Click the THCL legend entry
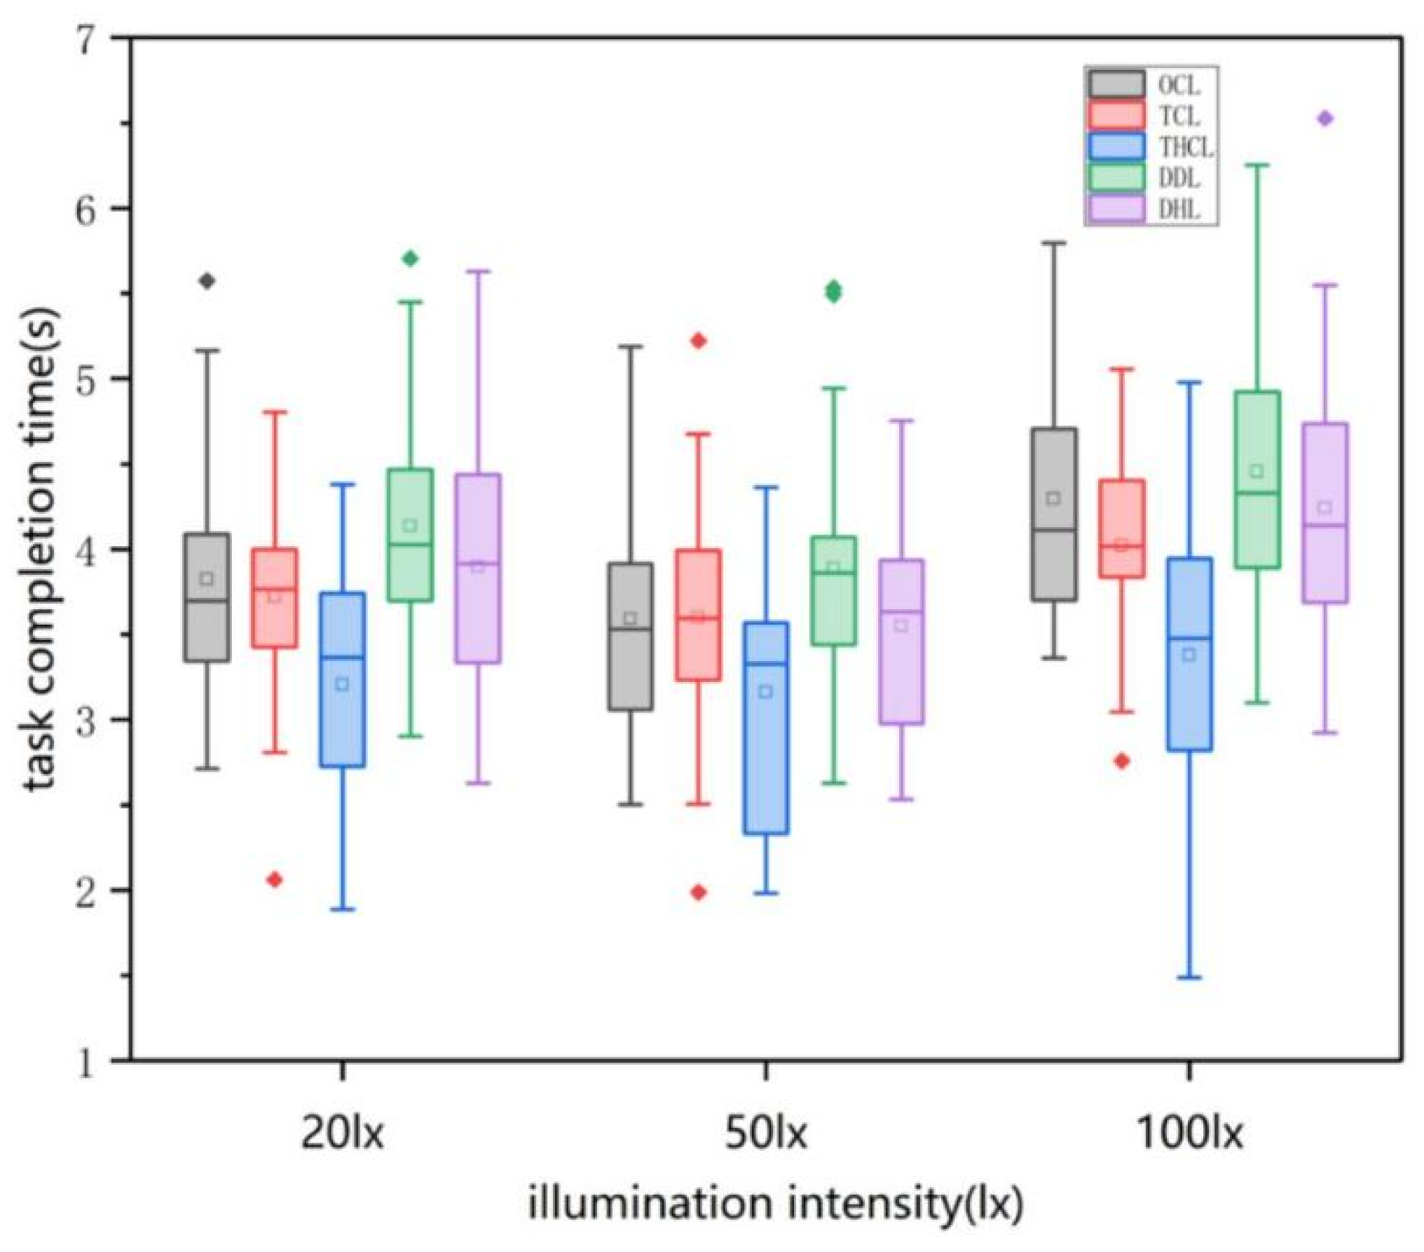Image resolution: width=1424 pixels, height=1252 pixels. [x=1149, y=147]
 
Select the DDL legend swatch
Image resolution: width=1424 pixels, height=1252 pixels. [x=1117, y=178]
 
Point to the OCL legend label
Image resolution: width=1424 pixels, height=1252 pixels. [x=1179, y=86]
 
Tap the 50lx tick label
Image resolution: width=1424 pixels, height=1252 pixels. [x=765, y=1134]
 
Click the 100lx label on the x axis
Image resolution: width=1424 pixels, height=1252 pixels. [x=1189, y=1134]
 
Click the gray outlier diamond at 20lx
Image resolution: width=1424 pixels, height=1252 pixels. [x=207, y=281]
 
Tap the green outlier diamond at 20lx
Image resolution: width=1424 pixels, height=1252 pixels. [x=410, y=259]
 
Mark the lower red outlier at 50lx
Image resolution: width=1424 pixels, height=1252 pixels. [x=699, y=892]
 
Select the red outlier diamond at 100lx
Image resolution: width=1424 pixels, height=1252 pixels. [x=1122, y=761]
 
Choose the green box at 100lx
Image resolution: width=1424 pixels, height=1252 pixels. [x=1257, y=479]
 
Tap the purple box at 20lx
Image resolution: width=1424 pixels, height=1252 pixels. [x=478, y=568]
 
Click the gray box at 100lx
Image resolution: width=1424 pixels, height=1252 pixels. [x=1053, y=514]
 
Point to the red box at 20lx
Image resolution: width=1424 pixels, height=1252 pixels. [x=275, y=598]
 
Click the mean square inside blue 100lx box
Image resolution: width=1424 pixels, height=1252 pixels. [x=1189, y=655]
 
